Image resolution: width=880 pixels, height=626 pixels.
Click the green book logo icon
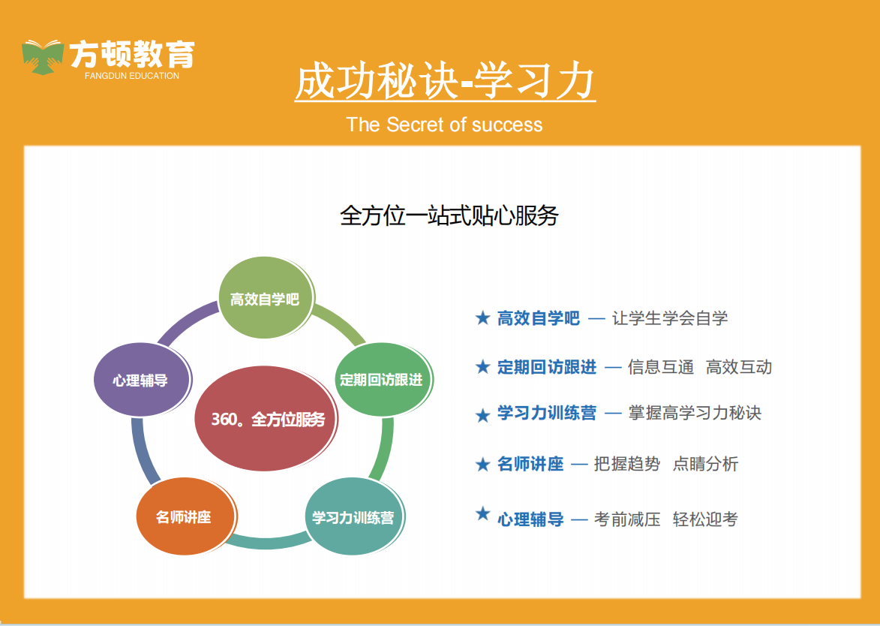(43, 57)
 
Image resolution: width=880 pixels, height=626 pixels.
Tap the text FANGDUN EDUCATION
(132, 76)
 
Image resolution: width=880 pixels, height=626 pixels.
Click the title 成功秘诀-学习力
(444, 81)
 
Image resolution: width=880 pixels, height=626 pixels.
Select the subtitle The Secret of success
(444, 124)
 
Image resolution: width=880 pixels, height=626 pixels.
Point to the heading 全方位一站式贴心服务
(449, 215)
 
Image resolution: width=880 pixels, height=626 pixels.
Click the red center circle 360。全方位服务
(266, 418)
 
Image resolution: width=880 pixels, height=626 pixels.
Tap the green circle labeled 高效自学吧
(266, 297)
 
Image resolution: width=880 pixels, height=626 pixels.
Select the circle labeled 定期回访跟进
(383, 380)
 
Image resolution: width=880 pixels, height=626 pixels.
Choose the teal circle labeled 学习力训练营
(355, 516)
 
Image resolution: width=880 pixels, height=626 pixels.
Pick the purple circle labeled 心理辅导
(142, 380)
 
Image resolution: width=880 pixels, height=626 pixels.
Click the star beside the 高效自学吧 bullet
(482, 318)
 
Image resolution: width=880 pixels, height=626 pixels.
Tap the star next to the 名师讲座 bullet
(482, 465)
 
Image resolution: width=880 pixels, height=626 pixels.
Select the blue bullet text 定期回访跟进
(547, 367)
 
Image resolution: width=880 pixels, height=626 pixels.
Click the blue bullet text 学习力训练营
(547, 414)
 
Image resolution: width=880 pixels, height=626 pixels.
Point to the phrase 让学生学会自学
(670, 318)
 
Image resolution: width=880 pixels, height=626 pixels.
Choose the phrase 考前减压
(627, 519)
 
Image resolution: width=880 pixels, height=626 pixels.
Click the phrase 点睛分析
(705, 464)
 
